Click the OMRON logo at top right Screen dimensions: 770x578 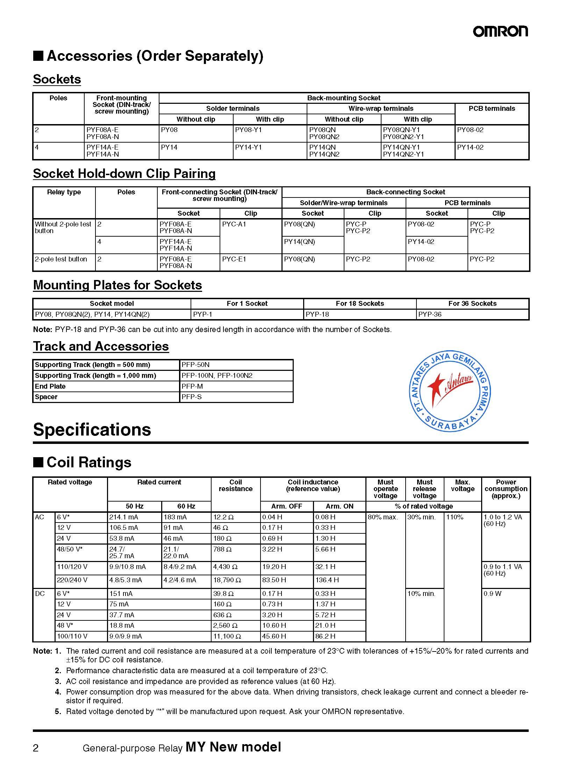tap(500, 31)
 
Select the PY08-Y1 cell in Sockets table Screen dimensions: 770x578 tap(248, 130)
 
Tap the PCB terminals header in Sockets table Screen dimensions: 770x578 tap(492, 109)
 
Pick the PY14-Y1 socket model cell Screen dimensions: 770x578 tap(248, 147)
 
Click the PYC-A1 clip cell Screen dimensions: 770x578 tap(234, 224)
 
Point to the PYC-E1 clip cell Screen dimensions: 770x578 tap(234, 259)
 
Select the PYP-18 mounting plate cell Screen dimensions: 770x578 tap(317, 314)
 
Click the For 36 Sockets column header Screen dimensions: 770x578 tap(472, 303)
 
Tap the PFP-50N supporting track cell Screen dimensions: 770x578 tap(195, 365)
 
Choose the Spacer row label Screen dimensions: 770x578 tap(46, 397)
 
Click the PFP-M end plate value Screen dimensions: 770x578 tap(192, 386)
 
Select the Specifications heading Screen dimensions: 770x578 tap(92, 430)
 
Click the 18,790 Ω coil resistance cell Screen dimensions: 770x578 tap(227, 580)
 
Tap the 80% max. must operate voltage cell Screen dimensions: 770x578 tap(383, 517)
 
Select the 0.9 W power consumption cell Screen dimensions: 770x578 tap(492, 593)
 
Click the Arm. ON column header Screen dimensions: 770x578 tap(339, 506)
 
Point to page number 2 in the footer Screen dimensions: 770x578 tap(36, 748)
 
